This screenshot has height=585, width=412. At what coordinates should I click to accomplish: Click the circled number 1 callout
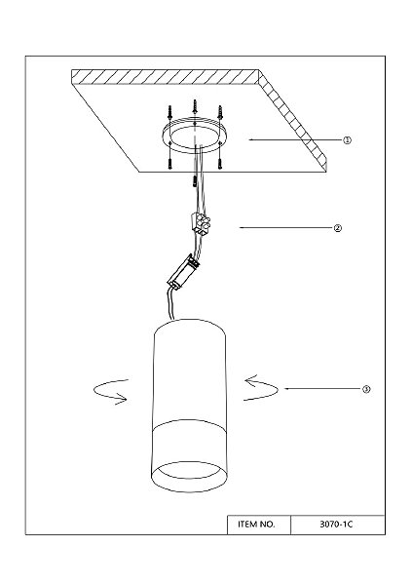tap(347, 140)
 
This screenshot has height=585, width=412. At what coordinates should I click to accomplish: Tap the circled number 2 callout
tap(337, 228)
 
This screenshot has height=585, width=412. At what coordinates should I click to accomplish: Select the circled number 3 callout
tap(366, 389)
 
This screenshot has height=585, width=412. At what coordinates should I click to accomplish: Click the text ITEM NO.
tap(256, 525)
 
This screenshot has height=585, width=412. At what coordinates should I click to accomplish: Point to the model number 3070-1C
tap(336, 525)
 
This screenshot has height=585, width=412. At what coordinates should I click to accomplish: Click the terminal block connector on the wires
tap(201, 223)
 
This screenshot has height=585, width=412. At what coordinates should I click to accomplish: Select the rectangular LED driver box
tap(183, 271)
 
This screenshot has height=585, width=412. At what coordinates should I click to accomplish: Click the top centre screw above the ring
tap(194, 106)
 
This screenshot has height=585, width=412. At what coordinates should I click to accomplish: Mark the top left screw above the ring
tap(170, 113)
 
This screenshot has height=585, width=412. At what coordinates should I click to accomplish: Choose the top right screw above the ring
tap(220, 113)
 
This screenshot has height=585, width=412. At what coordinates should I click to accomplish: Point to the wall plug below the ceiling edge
tap(195, 181)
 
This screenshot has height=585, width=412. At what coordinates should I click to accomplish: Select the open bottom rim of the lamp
tap(189, 489)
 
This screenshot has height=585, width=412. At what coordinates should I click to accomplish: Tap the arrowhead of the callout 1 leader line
tap(250, 139)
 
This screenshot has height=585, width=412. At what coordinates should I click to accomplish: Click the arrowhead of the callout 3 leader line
tap(286, 388)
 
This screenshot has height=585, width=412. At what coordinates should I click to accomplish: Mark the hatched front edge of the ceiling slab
tap(165, 76)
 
